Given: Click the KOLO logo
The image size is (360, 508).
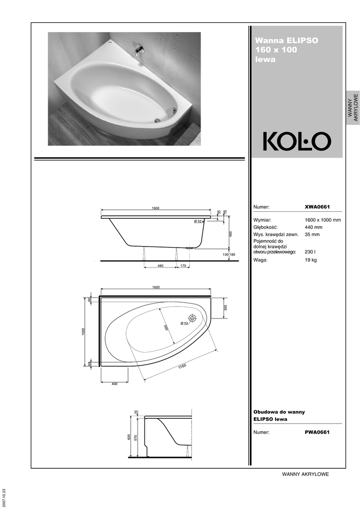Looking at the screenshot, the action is pyautogui.click(x=297, y=141).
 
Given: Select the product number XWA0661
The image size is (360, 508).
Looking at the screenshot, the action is pyautogui.click(x=317, y=207).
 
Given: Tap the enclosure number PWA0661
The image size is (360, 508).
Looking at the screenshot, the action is pyautogui.click(x=317, y=432).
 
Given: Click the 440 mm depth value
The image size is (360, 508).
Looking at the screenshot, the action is pyautogui.click(x=313, y=227).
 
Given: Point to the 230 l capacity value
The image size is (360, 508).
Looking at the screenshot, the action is pyautogui.click(x=310, y=252).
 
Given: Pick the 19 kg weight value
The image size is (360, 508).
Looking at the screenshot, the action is pyautogui.click(x=311, y=260).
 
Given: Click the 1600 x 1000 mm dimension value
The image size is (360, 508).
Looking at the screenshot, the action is pyautogui.click(x=323, y=220).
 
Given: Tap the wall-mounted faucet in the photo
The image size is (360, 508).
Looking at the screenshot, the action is pyautogui.click(x=140, y=50).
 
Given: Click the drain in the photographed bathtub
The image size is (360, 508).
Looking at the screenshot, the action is pyautogui.click(x=157, y=120).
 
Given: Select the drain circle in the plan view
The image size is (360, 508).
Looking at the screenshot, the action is pyautogui.click(x=192, y=318).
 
